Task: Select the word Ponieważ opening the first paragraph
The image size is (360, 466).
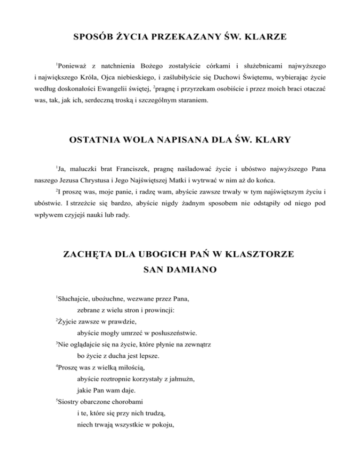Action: (x=74, y=63)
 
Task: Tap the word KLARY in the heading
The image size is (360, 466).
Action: (x=273, y=140)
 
